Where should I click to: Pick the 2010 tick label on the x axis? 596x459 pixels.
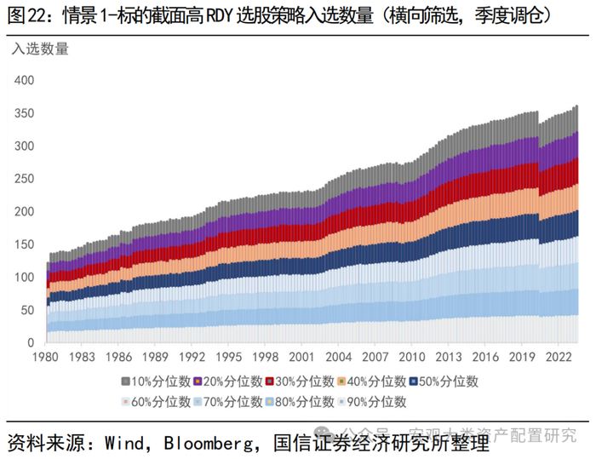pyautogui.click(x=413, y=359)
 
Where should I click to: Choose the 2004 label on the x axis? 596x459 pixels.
pyautogui.click(x=342, y=359)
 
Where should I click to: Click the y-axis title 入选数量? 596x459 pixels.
pyautogui.click(x=40, y=49)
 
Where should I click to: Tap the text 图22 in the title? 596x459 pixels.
pyautogui.click(x=26, y=15)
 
